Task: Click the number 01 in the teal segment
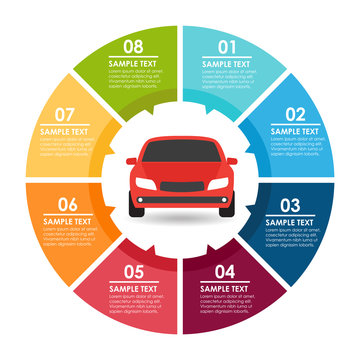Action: [x=228, y=46]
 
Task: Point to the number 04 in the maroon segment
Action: [x=225, y=271]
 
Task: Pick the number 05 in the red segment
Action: [x=133, y=271]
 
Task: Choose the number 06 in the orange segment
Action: [x=66, y=203]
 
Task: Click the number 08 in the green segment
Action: [x=133, y=46]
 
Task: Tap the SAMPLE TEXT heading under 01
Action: [x=227, y=63]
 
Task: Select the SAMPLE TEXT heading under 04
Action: [x=225, y=289]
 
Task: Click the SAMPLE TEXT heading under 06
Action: [x=67, y=221]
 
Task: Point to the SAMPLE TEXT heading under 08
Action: [x=133, y=63]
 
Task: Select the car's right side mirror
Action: [x=231, y=161]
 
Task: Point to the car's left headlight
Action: [x=146, y=184]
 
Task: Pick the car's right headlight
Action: [x=215, y=184]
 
